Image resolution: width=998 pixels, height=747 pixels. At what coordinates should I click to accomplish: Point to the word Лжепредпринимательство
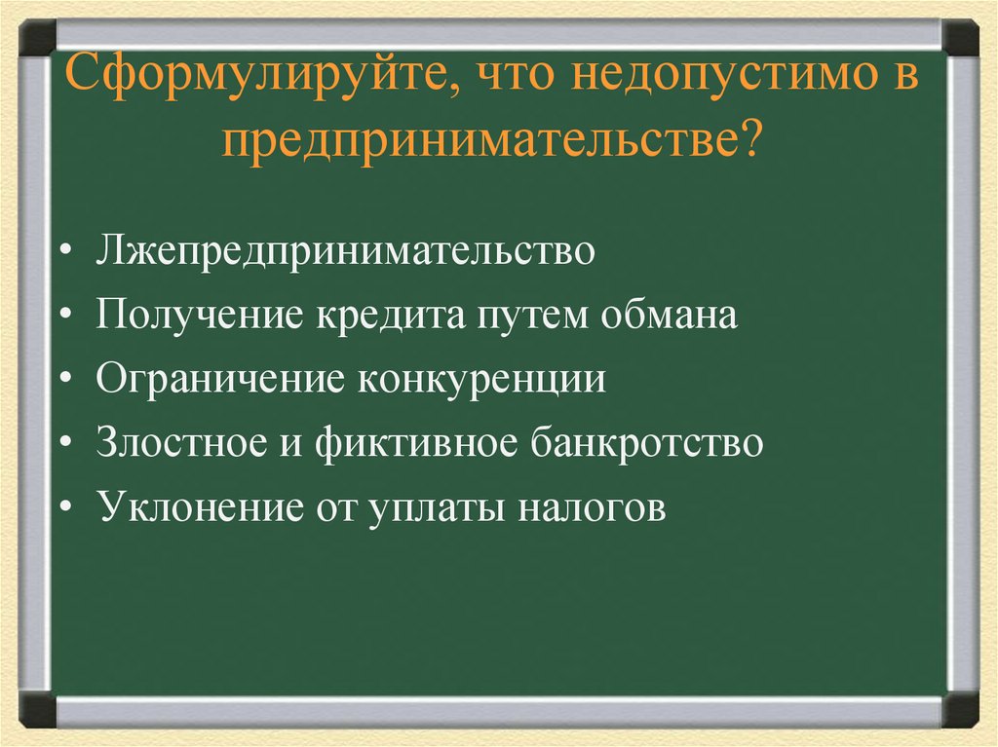(345, 252)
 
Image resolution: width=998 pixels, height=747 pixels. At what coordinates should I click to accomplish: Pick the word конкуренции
(482, 380)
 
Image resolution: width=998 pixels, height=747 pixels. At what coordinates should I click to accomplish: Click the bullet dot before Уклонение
(63, 509)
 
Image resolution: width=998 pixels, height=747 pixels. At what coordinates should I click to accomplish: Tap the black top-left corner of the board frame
(37, 38)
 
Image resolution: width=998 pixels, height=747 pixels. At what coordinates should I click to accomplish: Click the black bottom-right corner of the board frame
(961, 709)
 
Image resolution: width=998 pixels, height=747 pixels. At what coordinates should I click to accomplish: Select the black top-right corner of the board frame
(961, 38)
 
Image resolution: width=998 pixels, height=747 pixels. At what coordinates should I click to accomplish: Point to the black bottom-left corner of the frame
(37, 709)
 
